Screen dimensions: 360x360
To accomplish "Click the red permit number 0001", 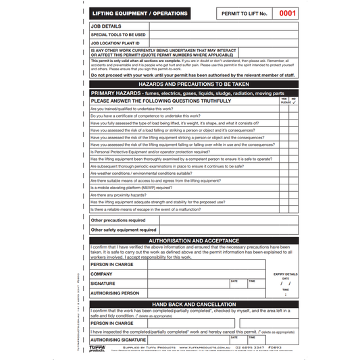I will (x=287, y=13).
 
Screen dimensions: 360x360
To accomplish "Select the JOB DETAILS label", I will (x=107, y=26).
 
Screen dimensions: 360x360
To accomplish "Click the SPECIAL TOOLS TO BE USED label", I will (x=118, y=34).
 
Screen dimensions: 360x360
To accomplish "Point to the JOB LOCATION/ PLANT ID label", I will (x=115, y=43).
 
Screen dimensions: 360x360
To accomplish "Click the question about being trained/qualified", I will (x=131, y=109).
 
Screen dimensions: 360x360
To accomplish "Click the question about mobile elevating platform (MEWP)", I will (x=131, y=188).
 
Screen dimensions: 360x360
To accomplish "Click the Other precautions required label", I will (x=118, y=220).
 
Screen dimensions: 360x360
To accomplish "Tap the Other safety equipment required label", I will (x=124, y=230).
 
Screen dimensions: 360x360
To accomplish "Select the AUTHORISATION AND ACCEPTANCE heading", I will (x=194, y=240).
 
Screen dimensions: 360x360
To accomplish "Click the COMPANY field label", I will (x=101, y=274).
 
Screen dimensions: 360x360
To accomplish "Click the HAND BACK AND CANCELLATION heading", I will (x=194, y=305).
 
